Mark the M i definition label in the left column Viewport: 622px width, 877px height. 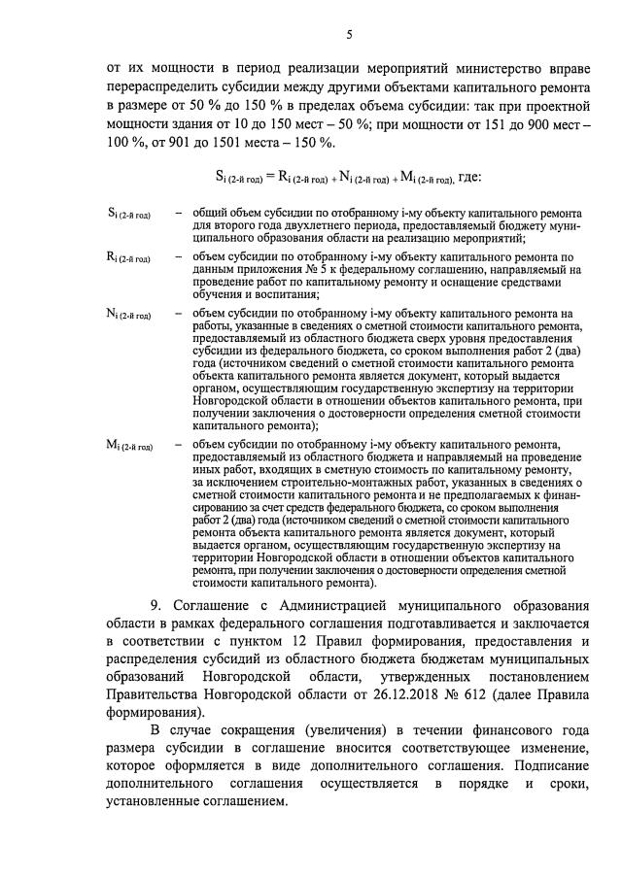pyautogui.click(x=129, y=444)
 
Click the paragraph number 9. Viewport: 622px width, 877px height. pyautogui.click(x=155, y=605)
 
